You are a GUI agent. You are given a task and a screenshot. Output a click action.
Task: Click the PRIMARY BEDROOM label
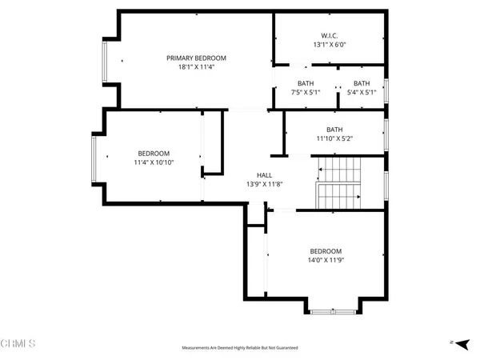(x=196, y=58)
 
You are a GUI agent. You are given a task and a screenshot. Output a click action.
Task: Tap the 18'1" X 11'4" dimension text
(x=196, y=67)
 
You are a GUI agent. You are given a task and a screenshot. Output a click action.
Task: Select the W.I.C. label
(x=329, y=36)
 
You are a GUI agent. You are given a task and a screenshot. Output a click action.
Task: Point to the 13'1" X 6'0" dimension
(x=329, y=46)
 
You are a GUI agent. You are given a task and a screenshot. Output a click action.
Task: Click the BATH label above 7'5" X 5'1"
(x=306, y=83)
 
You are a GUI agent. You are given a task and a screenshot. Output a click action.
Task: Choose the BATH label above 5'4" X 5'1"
(x=362, y=83)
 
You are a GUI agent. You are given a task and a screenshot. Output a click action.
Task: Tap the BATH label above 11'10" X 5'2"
(x=334, y=130)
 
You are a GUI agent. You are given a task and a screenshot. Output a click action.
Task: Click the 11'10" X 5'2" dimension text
(x=334, y=139)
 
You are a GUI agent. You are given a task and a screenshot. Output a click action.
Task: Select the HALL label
(x=264, y=175)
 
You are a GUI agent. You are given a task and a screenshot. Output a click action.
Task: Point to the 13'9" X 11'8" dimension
(x=264, y=185)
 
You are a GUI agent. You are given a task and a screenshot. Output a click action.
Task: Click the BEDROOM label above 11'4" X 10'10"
(x=154, y=154)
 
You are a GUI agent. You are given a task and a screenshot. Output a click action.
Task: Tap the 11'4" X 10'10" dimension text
(x=154, y=163)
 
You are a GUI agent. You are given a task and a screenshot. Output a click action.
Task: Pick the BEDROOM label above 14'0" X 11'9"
(x=326, y=250)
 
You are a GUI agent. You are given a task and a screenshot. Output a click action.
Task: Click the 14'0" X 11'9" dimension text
(x=326, y=260)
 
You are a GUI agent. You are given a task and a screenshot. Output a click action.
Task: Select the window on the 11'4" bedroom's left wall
(x=94, y=159)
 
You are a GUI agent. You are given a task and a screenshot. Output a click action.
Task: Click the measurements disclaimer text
(x=239, y=348)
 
